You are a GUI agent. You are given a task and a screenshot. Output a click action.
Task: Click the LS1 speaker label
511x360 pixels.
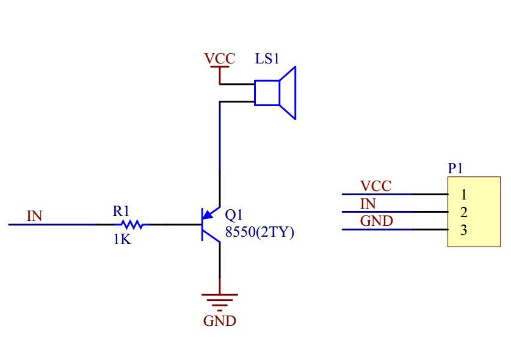click(267, 59)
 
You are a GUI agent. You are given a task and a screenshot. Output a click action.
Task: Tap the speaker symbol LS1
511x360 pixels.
click(275, 93)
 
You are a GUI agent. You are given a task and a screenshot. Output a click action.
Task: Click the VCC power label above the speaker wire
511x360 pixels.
click(220, 59)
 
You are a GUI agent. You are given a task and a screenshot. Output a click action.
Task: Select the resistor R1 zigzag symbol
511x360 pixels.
click(132, 225)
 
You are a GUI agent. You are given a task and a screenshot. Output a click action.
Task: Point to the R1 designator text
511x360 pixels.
click(121, 211)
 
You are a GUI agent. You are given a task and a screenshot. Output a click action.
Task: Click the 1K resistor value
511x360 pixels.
click(122, 239)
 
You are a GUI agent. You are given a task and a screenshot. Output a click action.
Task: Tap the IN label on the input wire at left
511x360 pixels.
click(35, 216)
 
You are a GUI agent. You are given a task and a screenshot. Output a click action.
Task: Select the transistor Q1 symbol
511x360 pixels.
click(211, 225)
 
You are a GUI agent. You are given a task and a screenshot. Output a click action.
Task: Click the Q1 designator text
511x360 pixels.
click(234, 215)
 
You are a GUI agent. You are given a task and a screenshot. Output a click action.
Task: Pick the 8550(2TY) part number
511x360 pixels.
click(259, 232)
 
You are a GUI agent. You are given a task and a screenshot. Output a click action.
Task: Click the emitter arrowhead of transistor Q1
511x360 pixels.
click(207, 215)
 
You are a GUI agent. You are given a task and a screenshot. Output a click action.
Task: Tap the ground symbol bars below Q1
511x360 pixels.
click(220, 302)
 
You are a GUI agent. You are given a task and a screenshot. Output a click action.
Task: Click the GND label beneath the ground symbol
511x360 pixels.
click(220, 321)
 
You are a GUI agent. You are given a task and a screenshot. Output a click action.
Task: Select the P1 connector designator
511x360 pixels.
click(455, 168)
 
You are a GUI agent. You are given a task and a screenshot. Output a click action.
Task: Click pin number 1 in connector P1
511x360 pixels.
click(464, 195)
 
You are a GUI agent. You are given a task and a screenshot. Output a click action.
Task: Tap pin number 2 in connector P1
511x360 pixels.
click(464, 212)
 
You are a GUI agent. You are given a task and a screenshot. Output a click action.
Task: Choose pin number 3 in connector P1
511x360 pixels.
click(464, 230)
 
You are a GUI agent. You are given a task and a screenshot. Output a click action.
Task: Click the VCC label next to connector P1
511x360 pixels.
click(375, 186)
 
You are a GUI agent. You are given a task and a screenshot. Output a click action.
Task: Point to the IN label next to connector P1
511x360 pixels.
click(368, 204)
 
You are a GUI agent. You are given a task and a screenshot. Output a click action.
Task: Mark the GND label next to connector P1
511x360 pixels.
click(377, 221)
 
